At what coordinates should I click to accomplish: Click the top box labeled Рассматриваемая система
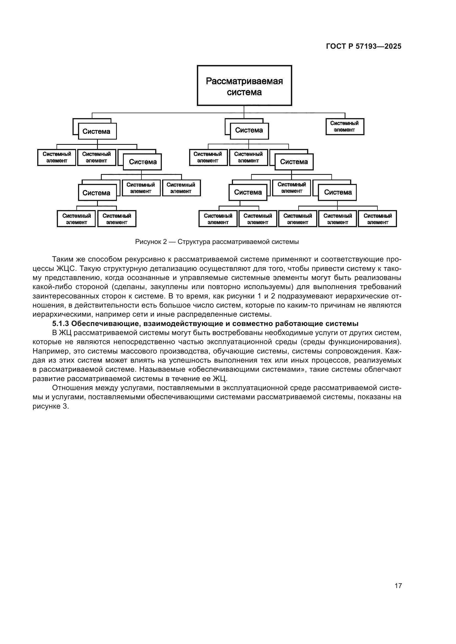(244, 86)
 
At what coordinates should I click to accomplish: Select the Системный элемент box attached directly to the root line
(345, 126)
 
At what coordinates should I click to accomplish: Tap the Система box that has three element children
(337, 192)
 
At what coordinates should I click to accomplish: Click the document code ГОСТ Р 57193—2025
(364, 47)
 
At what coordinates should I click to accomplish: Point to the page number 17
(398, 586)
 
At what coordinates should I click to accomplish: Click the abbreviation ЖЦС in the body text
(66, 268)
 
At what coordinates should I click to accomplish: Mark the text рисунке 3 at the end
(51, 406)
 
